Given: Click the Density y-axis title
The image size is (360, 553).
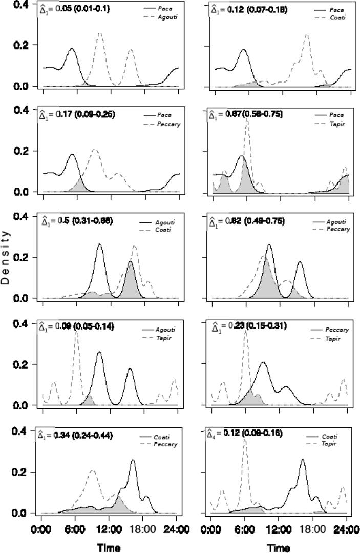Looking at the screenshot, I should [x=6, y=256].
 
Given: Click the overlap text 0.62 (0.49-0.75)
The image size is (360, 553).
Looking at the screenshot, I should [x=249, y=221].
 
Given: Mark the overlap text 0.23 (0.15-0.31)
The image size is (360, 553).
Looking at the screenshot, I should [x=249, y=326].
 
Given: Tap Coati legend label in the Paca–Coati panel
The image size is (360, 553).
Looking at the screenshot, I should [x=337, y=17].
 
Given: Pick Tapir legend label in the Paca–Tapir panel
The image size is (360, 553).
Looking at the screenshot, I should [x=336, y=124].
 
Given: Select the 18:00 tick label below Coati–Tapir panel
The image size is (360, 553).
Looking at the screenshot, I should [x=312, y=529].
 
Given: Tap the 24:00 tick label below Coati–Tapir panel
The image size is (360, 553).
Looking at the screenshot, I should [x=346, y=529].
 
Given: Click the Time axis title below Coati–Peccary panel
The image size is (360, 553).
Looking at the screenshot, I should [x=109, y=547].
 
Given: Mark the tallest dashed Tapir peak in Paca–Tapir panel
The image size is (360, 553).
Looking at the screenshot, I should [x=247, y=120].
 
